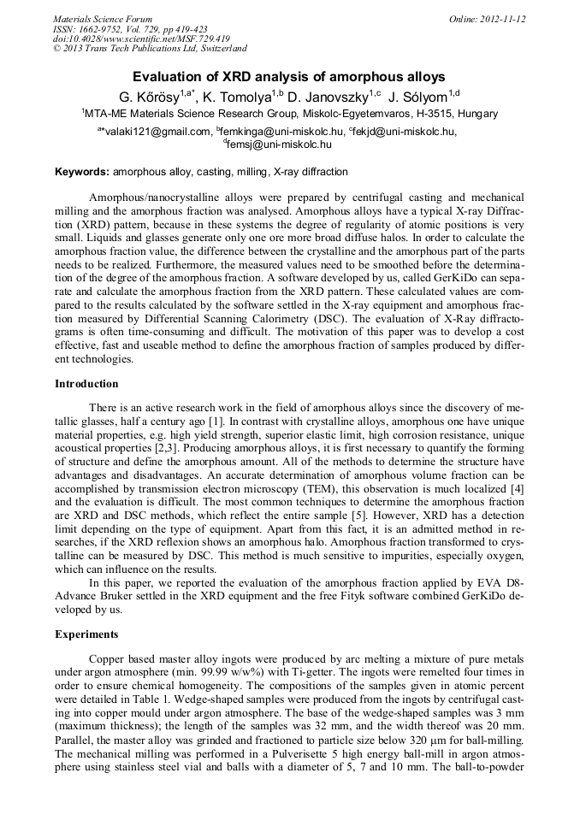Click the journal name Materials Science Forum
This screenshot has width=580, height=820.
click(x=103, y=19)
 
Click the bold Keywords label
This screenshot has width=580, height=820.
click(x=82, y=172)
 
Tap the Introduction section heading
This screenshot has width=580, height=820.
click(x=86, y=384)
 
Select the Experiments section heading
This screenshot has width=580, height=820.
click(x=86, y=634)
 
